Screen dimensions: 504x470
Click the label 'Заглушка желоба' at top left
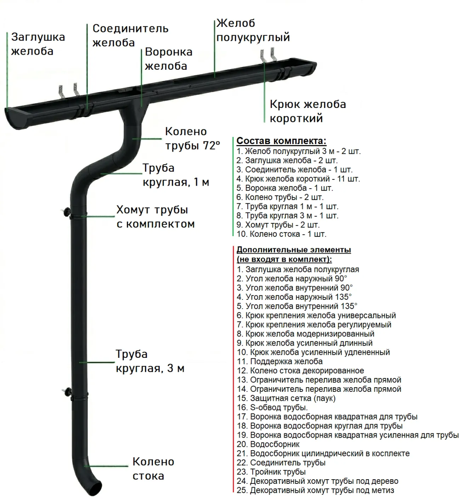(x=38, y=44)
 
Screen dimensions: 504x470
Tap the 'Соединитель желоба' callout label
(x=130, y=35)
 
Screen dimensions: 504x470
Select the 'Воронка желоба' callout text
(x=168, y=59)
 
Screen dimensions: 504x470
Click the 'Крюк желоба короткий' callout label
(x=307, y=111)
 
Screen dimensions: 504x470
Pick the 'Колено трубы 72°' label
(x=192, y=139)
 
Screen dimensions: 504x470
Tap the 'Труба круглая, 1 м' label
(x=176, y=175)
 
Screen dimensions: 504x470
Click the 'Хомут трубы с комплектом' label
(x=155, y=217)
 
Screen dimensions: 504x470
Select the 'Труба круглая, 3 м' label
(x=150, y=361)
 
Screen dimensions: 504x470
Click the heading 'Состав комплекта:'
(x=281, y=141)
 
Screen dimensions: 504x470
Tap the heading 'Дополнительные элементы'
(x=294, y=250)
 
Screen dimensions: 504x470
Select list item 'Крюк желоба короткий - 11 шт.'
(x=298, y=179)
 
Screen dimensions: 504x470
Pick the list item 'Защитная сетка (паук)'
(x=286, y=398)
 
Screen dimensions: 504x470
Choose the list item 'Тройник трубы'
(x=271, y=472)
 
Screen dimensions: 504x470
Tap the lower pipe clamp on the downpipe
(x=78, y=395)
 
